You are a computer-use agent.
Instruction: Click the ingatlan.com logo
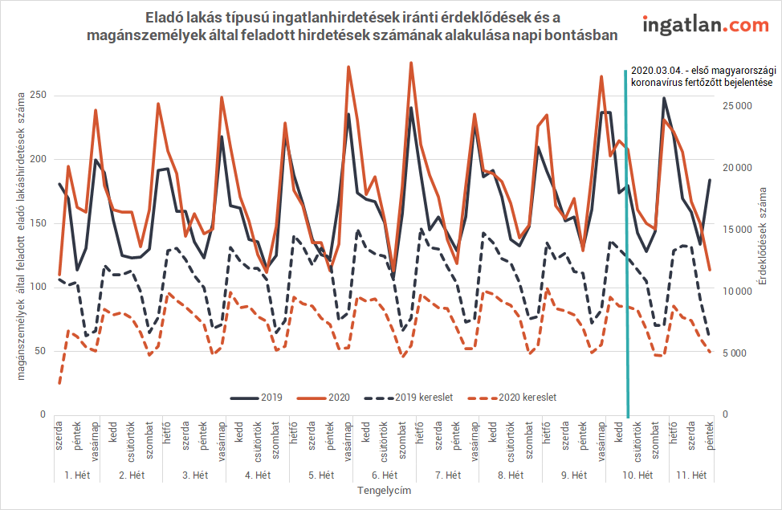pos(706,25)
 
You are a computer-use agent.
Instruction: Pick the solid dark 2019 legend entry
pos(257,398)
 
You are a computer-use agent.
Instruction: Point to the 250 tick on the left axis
pos(36,95)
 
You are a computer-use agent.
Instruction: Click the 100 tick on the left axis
pos(36,287)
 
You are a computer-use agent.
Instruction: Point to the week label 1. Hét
pos(77,475)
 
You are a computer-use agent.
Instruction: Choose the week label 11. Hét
pos(690,475)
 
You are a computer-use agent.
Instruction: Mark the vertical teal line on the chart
pos(626,241)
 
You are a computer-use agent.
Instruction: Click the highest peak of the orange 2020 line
pos(411,63)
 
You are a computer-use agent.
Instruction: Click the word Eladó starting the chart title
pos(165,16)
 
